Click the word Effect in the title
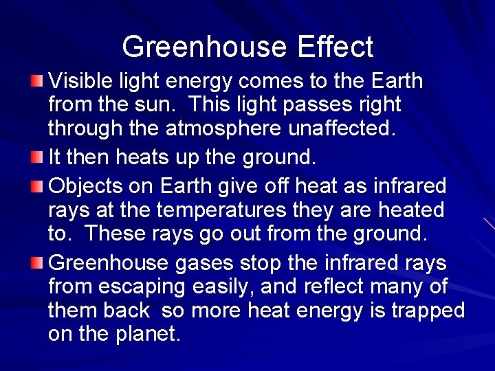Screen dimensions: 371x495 pyautogui.click(x=335, y=47)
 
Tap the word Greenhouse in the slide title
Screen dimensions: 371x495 pyautogui.click(x=204, y=47)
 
